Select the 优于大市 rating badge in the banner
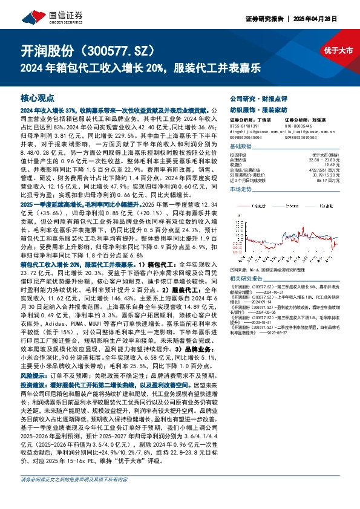pyautogui.click(x=338, y=50)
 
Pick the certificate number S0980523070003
pyautogui.click(x=303, y=138)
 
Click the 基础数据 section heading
pyautogui.click(x=241, y=148)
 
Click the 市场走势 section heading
pyautogui.click(x=241, y=190)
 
